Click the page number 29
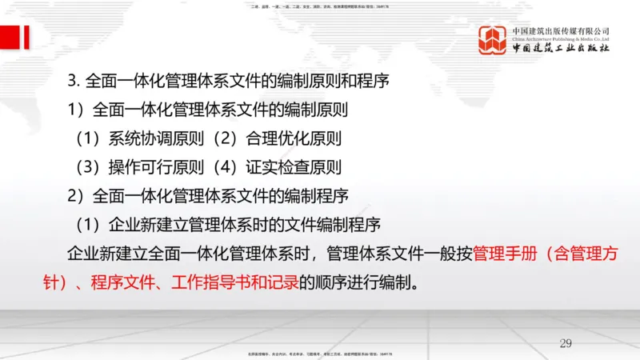pos(566,343)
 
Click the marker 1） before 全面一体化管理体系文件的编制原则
pos(80,110)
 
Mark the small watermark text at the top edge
pos(320,8)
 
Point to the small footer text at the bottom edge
pos(320,353)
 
